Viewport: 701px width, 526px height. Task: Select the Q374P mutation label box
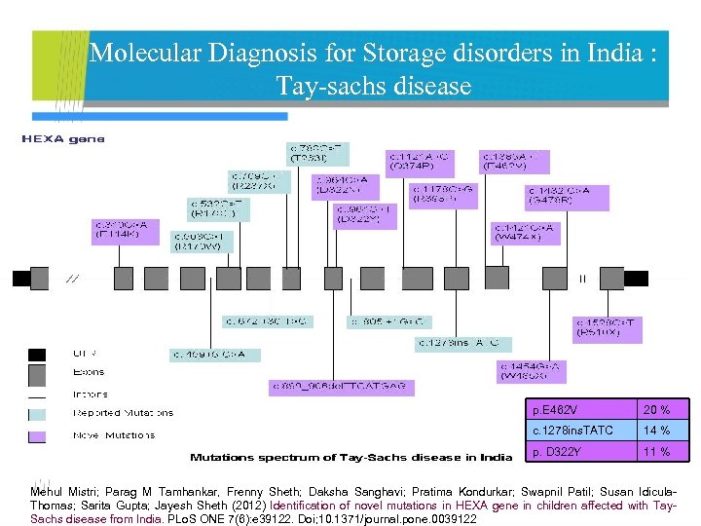point(420,160)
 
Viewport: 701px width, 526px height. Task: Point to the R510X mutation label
point(608,328)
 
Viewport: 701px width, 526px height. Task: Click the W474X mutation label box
point(527,233)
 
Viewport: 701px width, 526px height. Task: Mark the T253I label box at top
point(318,153)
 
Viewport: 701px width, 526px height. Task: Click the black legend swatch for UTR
point(37,354)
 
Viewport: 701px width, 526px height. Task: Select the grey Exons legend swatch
point(37,374)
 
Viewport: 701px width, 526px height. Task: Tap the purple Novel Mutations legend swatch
point(37,434)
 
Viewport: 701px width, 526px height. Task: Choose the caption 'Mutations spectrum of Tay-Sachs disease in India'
point(350,457)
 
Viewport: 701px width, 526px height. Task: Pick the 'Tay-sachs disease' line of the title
point(374,87)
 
